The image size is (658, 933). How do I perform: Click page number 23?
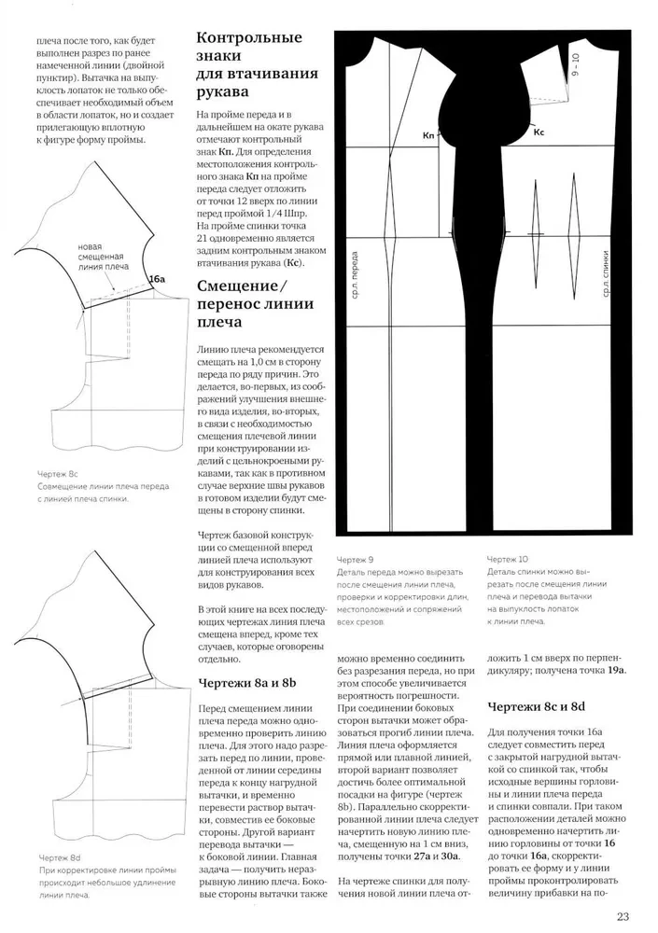[x=623, y=915]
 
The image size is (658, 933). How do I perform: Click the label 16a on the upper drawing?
[x=156, y=279]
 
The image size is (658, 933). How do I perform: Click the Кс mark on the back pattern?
[x=539, y=133]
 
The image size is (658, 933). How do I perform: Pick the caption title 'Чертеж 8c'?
[x=57, y=475]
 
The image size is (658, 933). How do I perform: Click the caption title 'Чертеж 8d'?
[x=57, y=856]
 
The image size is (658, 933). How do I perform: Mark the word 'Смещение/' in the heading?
[x=242, y=285]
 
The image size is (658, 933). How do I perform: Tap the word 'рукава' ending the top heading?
[x=222, y=91]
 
